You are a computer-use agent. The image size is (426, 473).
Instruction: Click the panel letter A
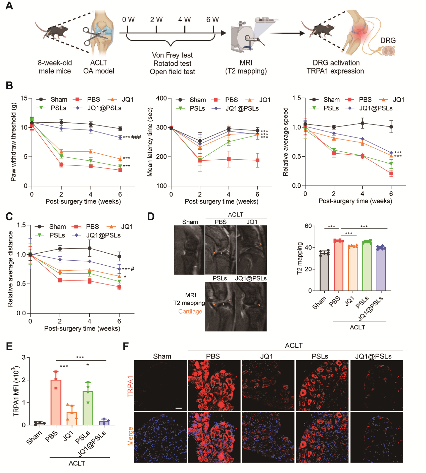pyautogui.click(x=9, y=6)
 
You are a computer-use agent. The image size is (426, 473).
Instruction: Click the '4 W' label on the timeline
pyautogui.click(x=184, y=20)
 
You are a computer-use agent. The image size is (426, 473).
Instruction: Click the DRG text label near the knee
pyautogui.click(x=388, y=41)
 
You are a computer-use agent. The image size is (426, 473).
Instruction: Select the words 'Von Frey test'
pyautogui.click(x=172, y=55)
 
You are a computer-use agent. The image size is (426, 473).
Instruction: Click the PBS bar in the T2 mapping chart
pyautogui.click(x=338, y=265)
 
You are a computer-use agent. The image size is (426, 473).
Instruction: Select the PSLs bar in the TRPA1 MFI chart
pyautogui.click(x=88, y=408)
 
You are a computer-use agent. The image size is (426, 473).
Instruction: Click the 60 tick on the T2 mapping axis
pyautogui.click(x=308, y=226)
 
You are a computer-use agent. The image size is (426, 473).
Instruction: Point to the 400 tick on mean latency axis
pyautogui.click(x=161, y=98)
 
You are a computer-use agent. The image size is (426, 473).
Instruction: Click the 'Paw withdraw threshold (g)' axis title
pyautogui.click(x=13, y=142)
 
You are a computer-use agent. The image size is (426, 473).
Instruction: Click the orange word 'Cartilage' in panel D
pyautogui.click(x=190, y=312)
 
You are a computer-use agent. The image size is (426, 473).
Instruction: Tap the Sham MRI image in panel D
pyautogui.click(x=189, y=250)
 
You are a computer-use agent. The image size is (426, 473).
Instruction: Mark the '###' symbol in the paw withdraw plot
pyautogui.click(x=136, y=137)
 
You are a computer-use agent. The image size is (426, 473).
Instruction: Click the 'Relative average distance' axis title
pyautogui.click(x=10, y=269)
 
